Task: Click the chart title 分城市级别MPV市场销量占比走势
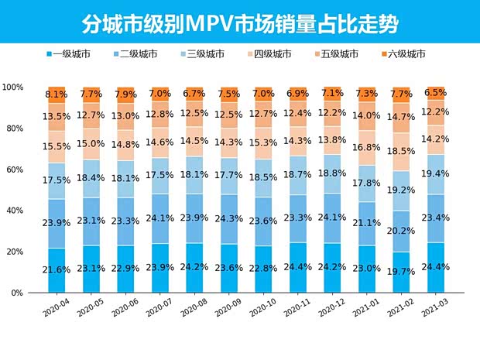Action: click(x=239, y=23)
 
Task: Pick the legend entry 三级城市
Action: click(x=209, y=54)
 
